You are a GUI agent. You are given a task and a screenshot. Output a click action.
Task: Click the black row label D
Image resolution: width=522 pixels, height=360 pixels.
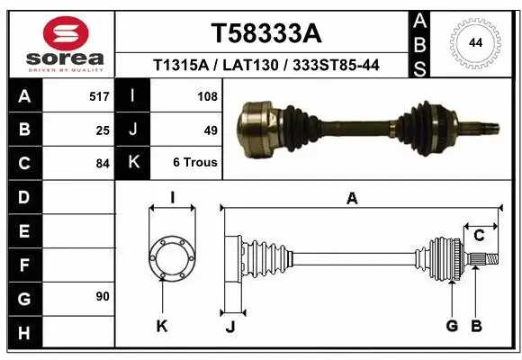click(23, 197)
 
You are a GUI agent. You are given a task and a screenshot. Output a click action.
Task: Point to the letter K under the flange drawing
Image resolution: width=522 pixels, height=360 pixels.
click(162, 327)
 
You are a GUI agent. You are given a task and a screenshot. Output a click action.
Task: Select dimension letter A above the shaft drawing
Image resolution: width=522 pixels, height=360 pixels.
click(352, 199)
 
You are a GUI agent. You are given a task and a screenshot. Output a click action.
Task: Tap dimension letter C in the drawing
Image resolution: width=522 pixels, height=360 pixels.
click(480, 236)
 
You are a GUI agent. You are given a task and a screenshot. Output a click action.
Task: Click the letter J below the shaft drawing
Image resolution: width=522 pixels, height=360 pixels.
click(230, 327)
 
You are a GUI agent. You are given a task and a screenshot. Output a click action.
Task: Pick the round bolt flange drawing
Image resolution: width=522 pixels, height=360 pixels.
click(170, 259)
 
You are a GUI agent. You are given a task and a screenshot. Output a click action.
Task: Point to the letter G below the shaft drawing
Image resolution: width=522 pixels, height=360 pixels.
click(452, 325)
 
